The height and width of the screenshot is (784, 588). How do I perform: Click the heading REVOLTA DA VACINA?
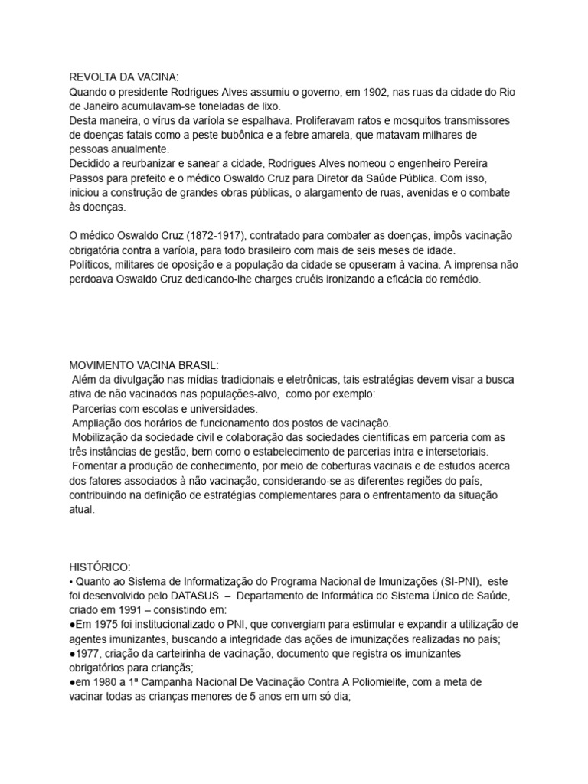[123, 77]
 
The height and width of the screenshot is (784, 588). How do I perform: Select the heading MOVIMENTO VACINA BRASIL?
[144, 365]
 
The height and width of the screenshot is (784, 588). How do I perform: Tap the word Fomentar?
[96, 466]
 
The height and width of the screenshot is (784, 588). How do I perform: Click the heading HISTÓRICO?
[100, 567]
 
